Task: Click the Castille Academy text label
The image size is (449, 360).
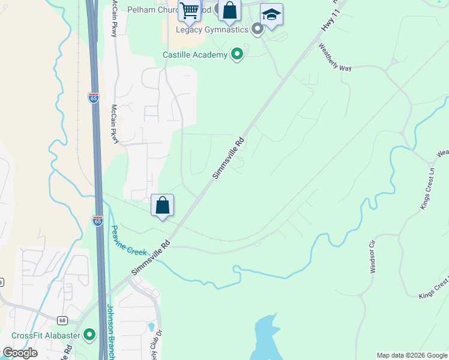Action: pos(195,55)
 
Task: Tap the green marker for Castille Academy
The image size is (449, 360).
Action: pos(237,55)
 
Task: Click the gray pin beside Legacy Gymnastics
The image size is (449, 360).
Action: pos(258,28)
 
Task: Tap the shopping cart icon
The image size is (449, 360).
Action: pos(189,11)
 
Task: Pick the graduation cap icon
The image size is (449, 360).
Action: pos(271,15)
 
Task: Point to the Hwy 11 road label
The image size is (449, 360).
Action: pos(327,22)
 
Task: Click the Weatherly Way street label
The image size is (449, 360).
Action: pos(334,56)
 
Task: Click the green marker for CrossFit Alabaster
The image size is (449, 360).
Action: pos(90,334)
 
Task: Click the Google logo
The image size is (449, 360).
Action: pos(20,353)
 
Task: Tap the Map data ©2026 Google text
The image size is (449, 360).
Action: pos(412,355)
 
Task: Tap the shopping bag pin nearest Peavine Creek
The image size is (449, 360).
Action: pos(163,205)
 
